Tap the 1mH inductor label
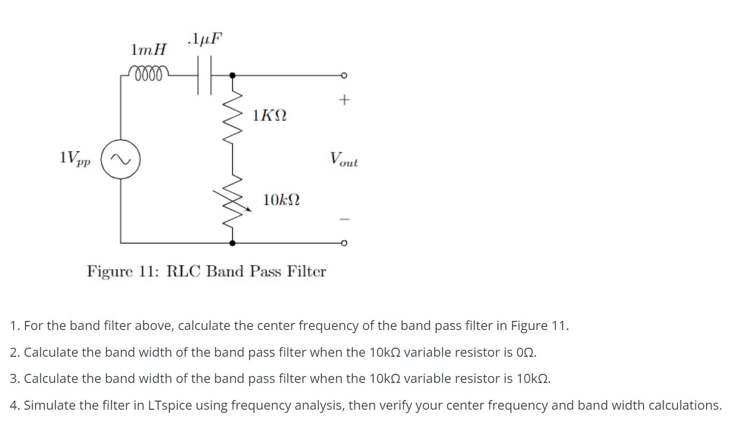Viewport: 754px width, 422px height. coord(148,50)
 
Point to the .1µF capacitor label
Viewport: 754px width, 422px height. coord(205,39)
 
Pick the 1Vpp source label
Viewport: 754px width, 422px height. coord(75,159)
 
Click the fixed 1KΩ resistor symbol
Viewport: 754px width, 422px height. coord(232,116)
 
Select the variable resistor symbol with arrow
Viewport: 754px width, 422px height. coord(233,200)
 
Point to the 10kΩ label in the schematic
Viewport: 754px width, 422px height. coord(281,201)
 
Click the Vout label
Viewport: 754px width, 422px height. coord(344,159)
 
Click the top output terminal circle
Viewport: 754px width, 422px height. coord(345,75)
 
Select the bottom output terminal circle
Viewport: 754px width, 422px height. coord(345,243)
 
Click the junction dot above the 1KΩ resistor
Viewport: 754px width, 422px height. coord(232,75)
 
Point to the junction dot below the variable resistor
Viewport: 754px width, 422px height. coord(232,243)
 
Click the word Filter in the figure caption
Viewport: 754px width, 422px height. coord(306,271)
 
